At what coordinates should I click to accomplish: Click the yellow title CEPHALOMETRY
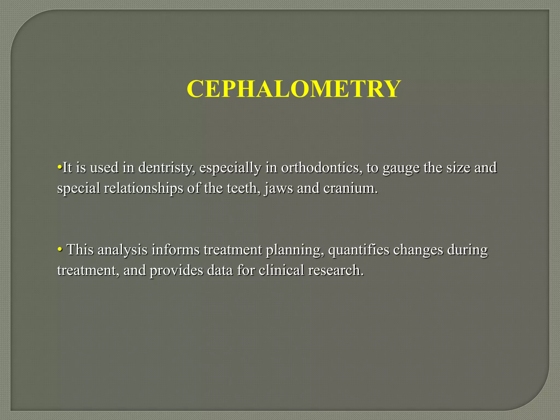(294, 89)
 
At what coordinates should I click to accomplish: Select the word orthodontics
(320, 168)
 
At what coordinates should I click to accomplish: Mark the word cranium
(350, 188)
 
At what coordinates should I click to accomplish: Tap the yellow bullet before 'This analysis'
(59, 249)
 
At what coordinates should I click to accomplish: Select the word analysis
(122, 250)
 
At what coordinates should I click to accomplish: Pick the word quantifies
(358, 250)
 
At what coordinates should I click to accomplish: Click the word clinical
(281, 270)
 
